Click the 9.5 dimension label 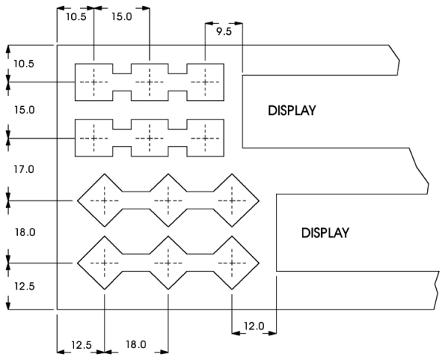click(x=224, y=31)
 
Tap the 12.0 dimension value click(x=254, y=326)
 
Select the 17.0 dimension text click(x=24, y=169)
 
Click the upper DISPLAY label click(x=291, y=111)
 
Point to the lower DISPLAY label click(x=325, y=233)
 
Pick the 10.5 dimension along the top click(x=76, y=17)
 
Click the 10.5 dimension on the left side click(x=24, y=64)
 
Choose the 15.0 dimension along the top click(x=122, y=16)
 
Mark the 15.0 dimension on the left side click(x=24, y=110)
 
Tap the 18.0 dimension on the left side click(x=25, y=232)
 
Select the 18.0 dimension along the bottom click(x=136, y=344)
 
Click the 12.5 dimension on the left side click(x=24, y=286)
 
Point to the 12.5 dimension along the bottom click(x=82, y=345)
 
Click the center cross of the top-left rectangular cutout click(x=94, y=82)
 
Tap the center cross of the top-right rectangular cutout click(x=205, y=82)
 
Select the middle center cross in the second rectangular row click(x=150, y=138)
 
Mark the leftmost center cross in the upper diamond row click(x=105, y=201)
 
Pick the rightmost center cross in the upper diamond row click(x=232, y=201)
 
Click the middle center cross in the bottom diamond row click(x=168, y=263)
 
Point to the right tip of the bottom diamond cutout click(x=259, y=263)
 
